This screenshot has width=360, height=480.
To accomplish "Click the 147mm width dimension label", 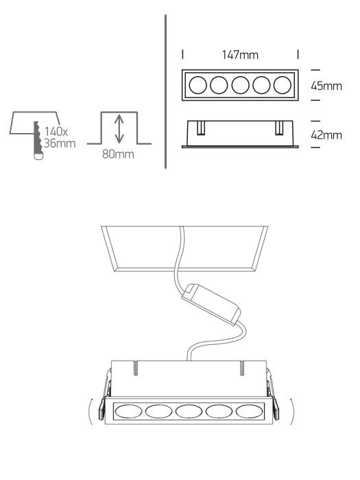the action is pos(240,55).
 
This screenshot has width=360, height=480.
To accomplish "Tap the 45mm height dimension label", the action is pos(326,86).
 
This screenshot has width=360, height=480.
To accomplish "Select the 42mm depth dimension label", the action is pos(326,135).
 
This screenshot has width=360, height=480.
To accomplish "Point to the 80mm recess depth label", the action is pos(118,154).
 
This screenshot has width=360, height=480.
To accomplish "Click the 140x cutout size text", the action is pos(56,132).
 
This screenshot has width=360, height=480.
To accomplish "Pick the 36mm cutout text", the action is pos(60,143).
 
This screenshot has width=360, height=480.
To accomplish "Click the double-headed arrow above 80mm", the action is pos(119,129).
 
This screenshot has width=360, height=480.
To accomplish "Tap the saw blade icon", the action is pos(38,141).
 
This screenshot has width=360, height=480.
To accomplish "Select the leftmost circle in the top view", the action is pos(197,85).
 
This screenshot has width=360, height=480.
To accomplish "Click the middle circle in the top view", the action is pos(240,85).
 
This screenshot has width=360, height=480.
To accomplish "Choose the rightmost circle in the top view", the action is pos(283,85).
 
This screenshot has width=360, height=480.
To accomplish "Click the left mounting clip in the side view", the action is pos(201,128).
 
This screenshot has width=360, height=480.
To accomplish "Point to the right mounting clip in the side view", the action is pos(279,128).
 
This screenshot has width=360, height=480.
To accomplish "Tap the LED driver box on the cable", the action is pos(211,304).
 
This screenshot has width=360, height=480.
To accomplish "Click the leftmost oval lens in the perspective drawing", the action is pos(129,411).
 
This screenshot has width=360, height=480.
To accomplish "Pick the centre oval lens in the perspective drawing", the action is pos(189,411).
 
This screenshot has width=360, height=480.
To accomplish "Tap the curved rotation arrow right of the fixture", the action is pos(292,411).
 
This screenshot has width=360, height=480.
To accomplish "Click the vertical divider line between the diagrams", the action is pos(166,91).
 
